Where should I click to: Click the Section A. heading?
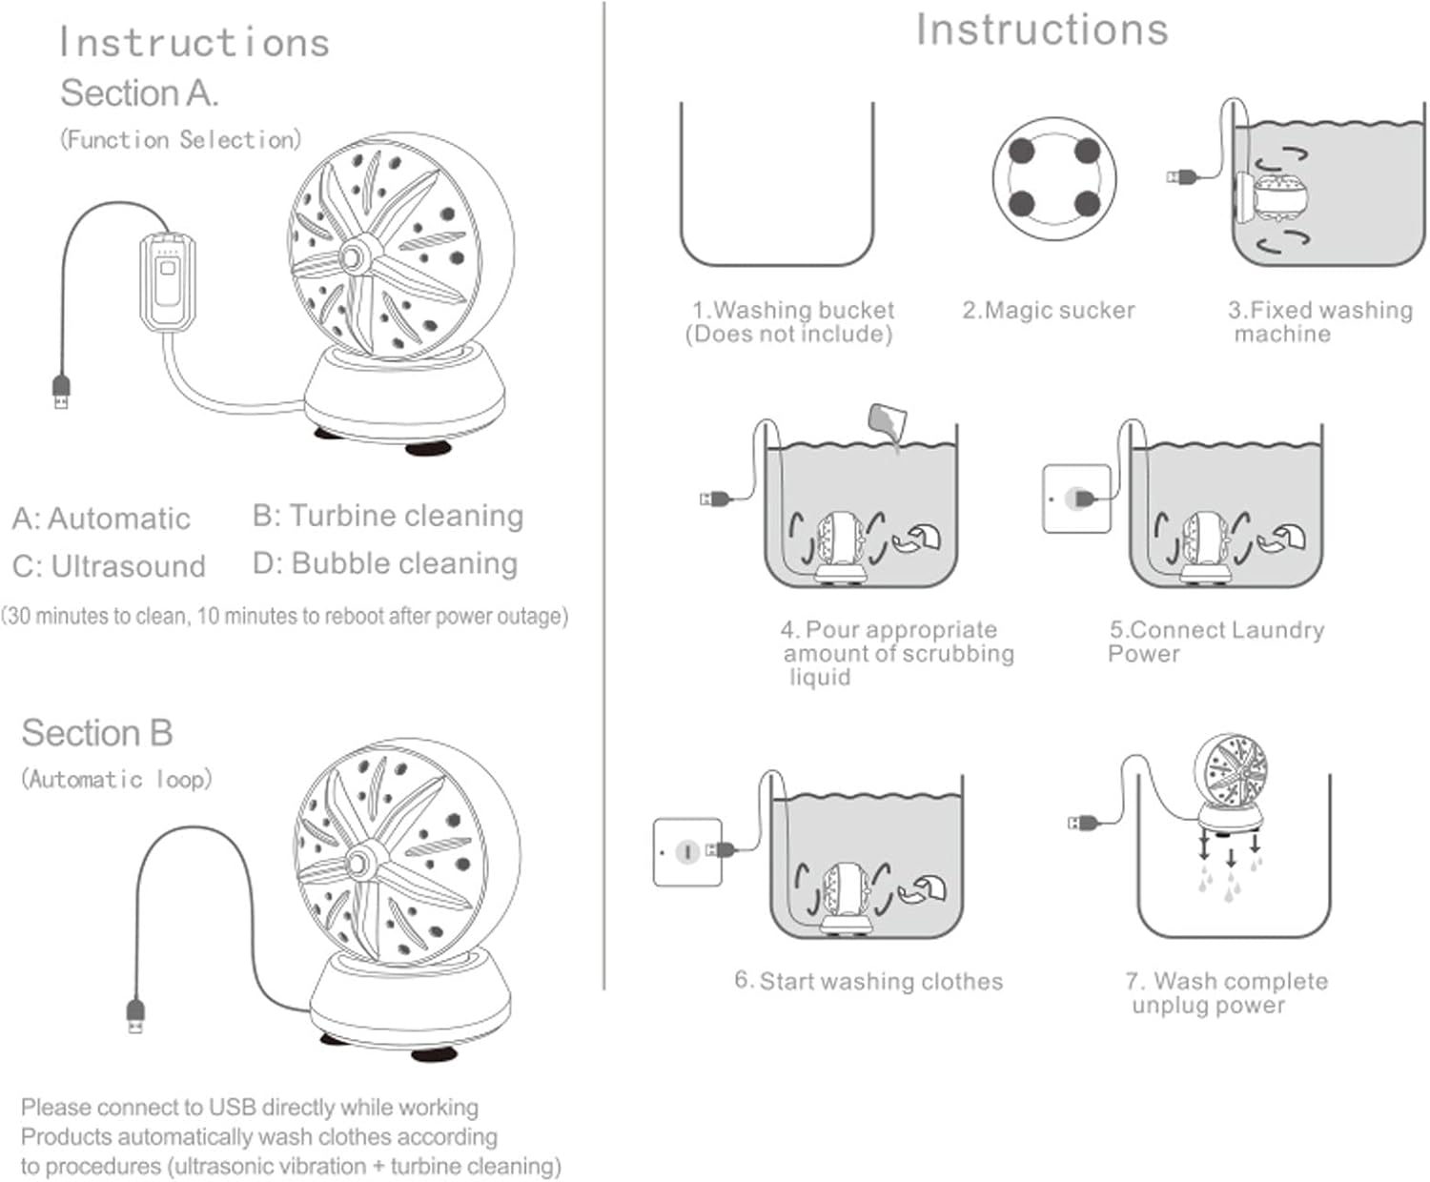pyautogui.click(x=139, y=93)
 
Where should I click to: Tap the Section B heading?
pyautogui.click(x=97, y=733)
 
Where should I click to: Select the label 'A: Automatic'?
pyautogui.click(x=101, y=519)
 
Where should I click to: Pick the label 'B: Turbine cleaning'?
pyautogui.click(x=388, y=516)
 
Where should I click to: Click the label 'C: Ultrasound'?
pyautogui.click(x=110, y=566)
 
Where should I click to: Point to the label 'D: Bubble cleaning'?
pyautogui.click(x=385, y=563)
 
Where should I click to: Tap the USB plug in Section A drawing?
pyautogui.click(x=61, y=391)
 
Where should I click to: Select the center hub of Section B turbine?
pyautogui.click(x=360, y=862)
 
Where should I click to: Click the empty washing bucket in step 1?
pyautogui.click(x=777, y=186)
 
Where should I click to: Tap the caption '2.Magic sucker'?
pyautogui.click(x=1049, y=310)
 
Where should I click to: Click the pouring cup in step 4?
pyautogui.click(x=888, y=420)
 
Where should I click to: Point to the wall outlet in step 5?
pyautogui.click(x=1076, y=499)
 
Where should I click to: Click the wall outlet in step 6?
pyautogui.click(x=686, y=851)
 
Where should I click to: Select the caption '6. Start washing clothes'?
pyautogui.click(x=868, y=981)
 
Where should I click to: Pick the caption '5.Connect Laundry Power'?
pyautogui.click(x=1215, y=642)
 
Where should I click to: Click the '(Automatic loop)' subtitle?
pyautogui.click(x=116, y=779)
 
